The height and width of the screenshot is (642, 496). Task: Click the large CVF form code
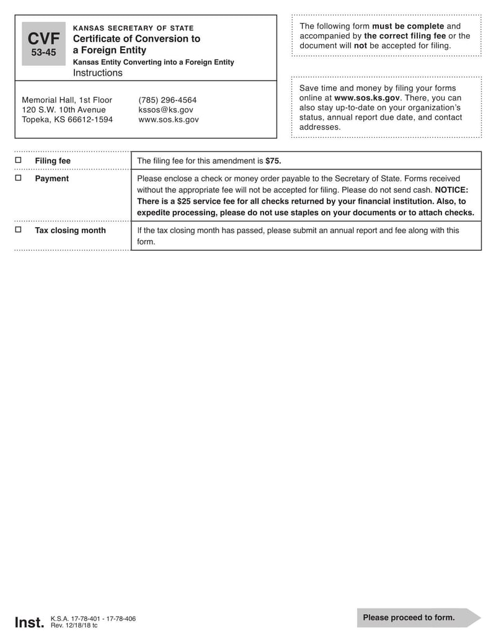click(43, 39)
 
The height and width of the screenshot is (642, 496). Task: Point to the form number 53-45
click(43, 53)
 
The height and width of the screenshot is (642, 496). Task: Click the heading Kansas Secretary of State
click(133, 28)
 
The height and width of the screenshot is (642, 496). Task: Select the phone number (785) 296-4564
click(167, 100)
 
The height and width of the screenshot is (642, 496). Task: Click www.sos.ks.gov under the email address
click(169, 120)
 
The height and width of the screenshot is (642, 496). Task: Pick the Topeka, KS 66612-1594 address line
click(67, 120)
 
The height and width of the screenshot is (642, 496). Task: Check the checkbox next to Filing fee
click(18, 160)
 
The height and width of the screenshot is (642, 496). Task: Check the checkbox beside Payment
click(18, 178)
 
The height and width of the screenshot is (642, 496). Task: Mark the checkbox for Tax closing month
click(18, 230)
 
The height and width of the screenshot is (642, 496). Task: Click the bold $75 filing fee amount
click(273, 161)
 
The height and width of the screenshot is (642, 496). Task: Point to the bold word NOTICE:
click(451, 190)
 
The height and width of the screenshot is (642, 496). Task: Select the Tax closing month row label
click(70, 230)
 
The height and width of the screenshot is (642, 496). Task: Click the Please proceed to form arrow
click(418, 617)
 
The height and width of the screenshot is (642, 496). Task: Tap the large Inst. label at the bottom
click(29, 622)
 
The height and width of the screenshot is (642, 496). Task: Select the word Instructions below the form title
click(98, 73)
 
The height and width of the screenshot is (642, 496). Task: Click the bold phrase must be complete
click(408, 26)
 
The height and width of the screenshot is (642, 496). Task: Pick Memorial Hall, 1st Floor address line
click(67, 100)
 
